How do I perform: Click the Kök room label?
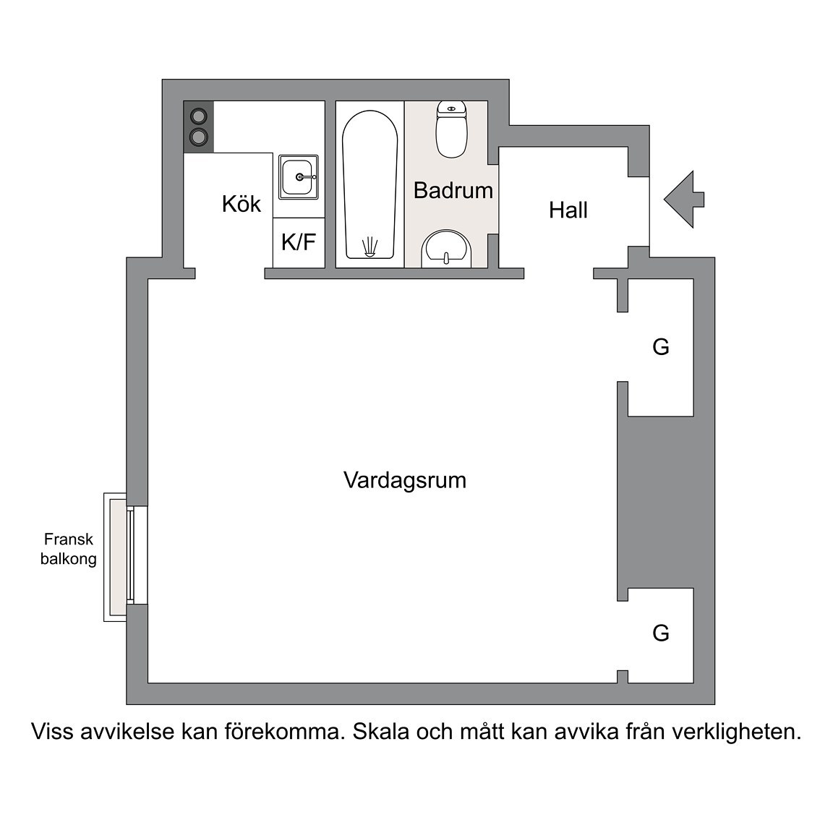[x=242, y=204]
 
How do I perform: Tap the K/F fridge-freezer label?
[x=299, y=242]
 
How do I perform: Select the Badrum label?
[x=453, y=190]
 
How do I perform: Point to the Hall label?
[x=568, y=210]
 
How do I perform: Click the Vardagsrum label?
[x=405, y=480]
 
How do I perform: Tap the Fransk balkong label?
[x=69, y=549]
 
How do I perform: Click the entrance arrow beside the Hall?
[x=684, y=200]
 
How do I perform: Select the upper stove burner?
[x=199, y=115]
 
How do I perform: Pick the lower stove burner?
[x=199, y=137]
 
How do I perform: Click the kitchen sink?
[x=299, y=177]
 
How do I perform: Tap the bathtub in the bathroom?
[x=369, y=185]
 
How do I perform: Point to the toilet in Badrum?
[x=451, y=129]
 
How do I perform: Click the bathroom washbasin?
[x=446, y=249]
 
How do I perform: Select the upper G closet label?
[x=661, y=347]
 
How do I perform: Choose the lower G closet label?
[x=661, y=633]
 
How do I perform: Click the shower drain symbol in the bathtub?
[x=369, y=247]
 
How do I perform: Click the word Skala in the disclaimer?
[x=381, y=732]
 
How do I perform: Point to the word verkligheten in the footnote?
[x=736, y=732]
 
